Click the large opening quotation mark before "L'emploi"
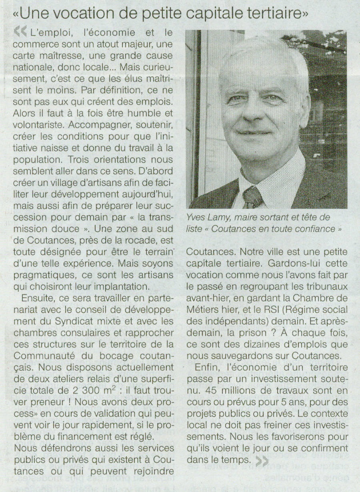20,31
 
